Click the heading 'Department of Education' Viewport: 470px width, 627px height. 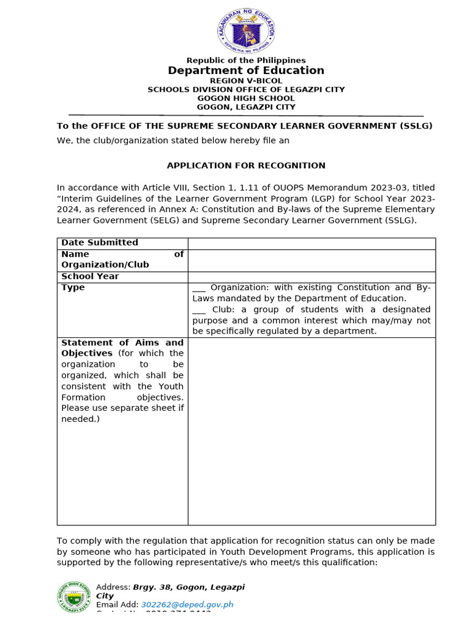coord(246,70)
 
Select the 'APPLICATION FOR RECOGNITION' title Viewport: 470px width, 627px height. coord(246,165)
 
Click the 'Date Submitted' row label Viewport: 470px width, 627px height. coord(100,242)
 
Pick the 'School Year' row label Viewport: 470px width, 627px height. coord(90,276)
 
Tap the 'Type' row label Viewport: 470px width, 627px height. coord(73,287)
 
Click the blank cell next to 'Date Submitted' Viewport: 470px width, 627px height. coord(311,243)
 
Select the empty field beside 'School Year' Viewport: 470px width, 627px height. coord(311,276)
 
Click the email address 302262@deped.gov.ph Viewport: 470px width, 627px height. coord(187,604)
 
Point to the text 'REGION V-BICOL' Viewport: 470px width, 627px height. coord(246,81)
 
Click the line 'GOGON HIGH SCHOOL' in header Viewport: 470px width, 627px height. coord(246,98)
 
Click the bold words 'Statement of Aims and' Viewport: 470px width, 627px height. coord(122,342)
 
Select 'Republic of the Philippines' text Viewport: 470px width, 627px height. coord(246,60)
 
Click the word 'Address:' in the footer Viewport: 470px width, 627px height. coord(113,587)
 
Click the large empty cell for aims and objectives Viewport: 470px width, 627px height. coord(311,431)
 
